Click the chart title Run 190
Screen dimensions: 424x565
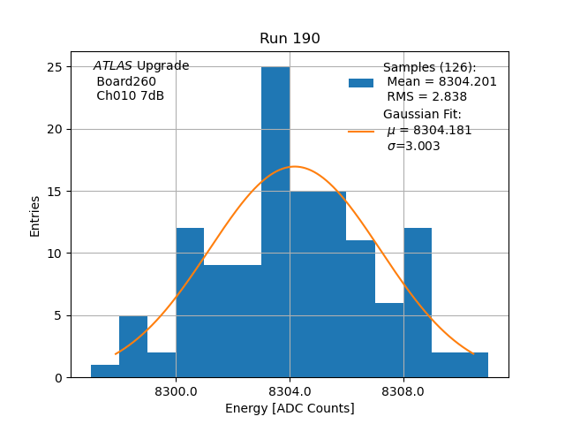[290, 39]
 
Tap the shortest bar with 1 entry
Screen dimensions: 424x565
[105, 371]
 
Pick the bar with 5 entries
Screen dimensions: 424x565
[133, 346]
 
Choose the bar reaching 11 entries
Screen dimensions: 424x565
[360, 309]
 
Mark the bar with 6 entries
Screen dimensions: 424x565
[389, 340]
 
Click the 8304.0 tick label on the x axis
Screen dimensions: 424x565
[290, 391]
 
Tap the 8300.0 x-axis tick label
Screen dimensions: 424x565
[176, 391]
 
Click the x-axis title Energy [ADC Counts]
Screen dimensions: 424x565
[290, 408]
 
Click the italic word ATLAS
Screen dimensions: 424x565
[113, 66]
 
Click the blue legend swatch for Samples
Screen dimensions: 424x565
[361, 83]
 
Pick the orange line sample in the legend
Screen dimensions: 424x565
[361, 131]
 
